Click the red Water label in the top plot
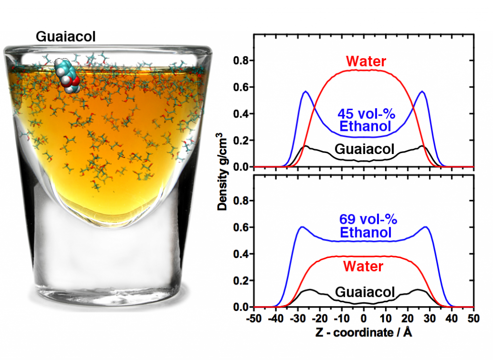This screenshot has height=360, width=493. click(x=365, y=61)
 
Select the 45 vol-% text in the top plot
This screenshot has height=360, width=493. click(x=365, y=116)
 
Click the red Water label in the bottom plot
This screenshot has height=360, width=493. click(x=363, y=266)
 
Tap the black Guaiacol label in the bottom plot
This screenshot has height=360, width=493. click(x=364, y=292)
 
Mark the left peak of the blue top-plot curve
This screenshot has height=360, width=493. click(x=305, y=91)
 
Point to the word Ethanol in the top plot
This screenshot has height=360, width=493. click(x=365, y=128)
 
